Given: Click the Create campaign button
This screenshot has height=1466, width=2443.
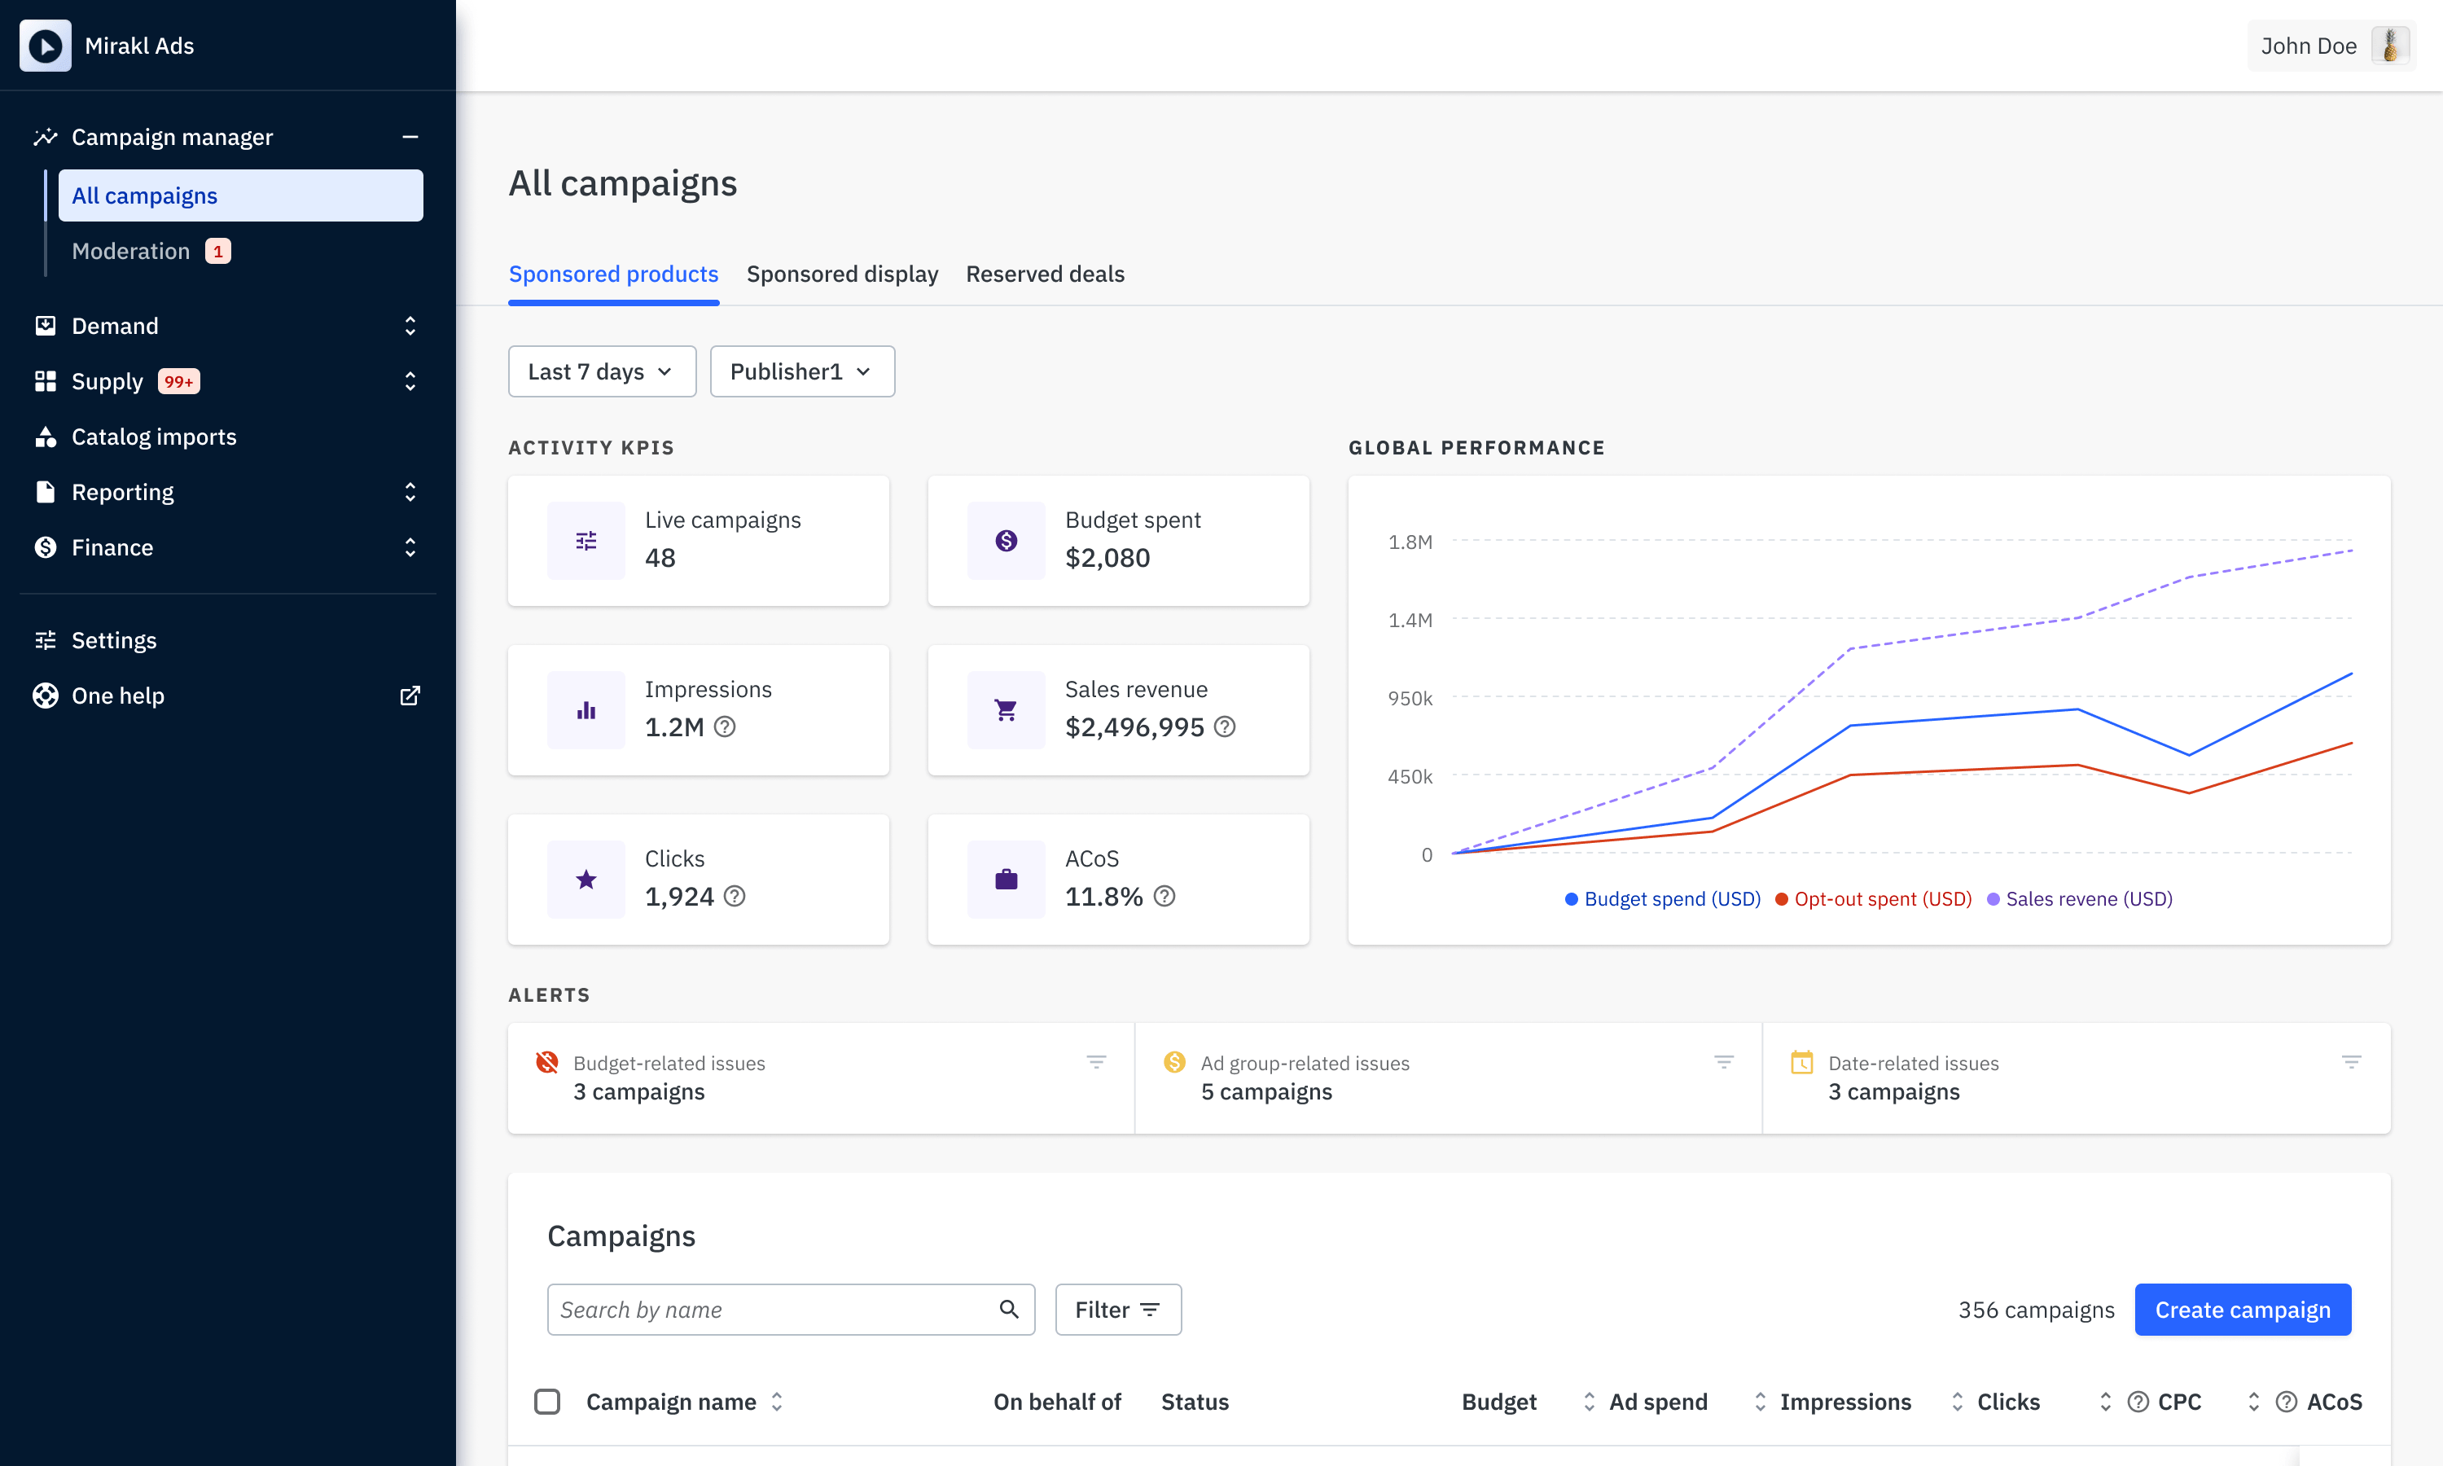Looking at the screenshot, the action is (x=2242, y=1309).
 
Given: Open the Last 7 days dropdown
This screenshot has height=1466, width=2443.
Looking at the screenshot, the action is (x=601, y=371).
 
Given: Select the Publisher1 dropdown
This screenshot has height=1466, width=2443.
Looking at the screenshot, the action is (x=802, y=371).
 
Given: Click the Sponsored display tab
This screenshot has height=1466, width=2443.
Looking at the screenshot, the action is (x=842, y=274).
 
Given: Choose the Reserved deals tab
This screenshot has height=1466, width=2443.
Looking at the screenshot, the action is (x=1045, y=274).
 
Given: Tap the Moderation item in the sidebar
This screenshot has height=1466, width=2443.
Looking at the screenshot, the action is (x=131, y=251).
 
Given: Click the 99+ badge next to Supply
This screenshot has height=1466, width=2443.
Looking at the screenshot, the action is (x=178, y=381).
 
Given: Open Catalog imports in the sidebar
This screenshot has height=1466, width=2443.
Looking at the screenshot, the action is (x=154, y=437).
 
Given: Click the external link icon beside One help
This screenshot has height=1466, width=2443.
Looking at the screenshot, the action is (x=410, y=696).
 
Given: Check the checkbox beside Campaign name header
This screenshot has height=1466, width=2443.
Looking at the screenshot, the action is (x=547, y=1401).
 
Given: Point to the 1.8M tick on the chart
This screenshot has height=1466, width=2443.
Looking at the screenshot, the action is (x=1410, y=542).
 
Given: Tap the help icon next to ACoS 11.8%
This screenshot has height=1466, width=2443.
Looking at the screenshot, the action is (x=1164, y=896).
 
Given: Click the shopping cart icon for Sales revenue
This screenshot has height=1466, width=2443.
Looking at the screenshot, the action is (x=1007, y=710).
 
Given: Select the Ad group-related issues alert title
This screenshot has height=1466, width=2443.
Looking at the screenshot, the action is (x=1305, y=1063).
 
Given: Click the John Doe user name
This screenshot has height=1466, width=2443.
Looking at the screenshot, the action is (x=2308, y=46).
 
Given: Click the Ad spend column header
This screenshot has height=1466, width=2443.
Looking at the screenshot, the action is (x=1658, y=1402).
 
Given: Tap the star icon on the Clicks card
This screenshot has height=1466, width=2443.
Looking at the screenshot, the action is (x=586, y=880).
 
